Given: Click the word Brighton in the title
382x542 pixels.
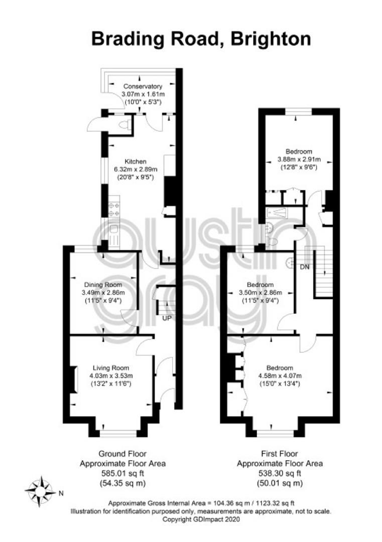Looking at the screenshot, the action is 271,39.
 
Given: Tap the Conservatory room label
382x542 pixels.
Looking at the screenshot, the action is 143,86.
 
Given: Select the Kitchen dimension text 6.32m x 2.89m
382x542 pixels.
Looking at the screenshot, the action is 136,170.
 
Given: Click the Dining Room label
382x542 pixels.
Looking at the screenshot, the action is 103,285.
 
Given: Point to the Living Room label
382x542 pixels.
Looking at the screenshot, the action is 110,368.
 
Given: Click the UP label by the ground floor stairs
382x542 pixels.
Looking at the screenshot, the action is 167,318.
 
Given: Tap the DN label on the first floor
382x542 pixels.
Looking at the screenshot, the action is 305,267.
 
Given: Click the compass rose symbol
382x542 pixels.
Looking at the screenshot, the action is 41,491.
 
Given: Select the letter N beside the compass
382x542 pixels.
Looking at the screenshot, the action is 61,494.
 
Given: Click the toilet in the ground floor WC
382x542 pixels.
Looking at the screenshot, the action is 125,125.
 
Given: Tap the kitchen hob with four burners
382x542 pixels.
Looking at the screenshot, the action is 114,209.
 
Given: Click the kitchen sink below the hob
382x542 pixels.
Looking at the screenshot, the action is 114,229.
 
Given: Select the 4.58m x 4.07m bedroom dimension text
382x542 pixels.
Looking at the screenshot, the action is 280,376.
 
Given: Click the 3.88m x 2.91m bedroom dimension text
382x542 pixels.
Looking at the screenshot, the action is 299,160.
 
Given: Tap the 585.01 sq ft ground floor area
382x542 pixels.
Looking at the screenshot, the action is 122,473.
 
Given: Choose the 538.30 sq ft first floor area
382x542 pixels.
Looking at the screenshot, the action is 280,473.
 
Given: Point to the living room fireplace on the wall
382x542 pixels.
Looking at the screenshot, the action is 73,379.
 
